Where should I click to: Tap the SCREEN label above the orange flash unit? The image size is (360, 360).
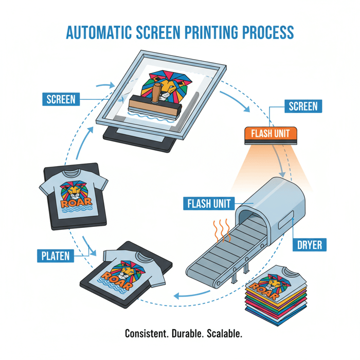pos(303,106)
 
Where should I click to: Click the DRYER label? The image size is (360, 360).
pos(309,244)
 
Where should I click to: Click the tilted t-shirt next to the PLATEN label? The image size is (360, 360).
pos(135,267)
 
